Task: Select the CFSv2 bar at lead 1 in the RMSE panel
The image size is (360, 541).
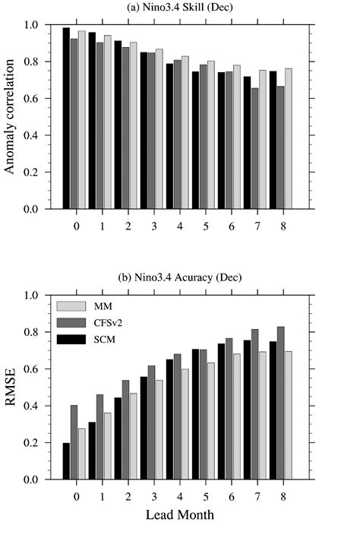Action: pyautogui.click(x=99, y=437)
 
